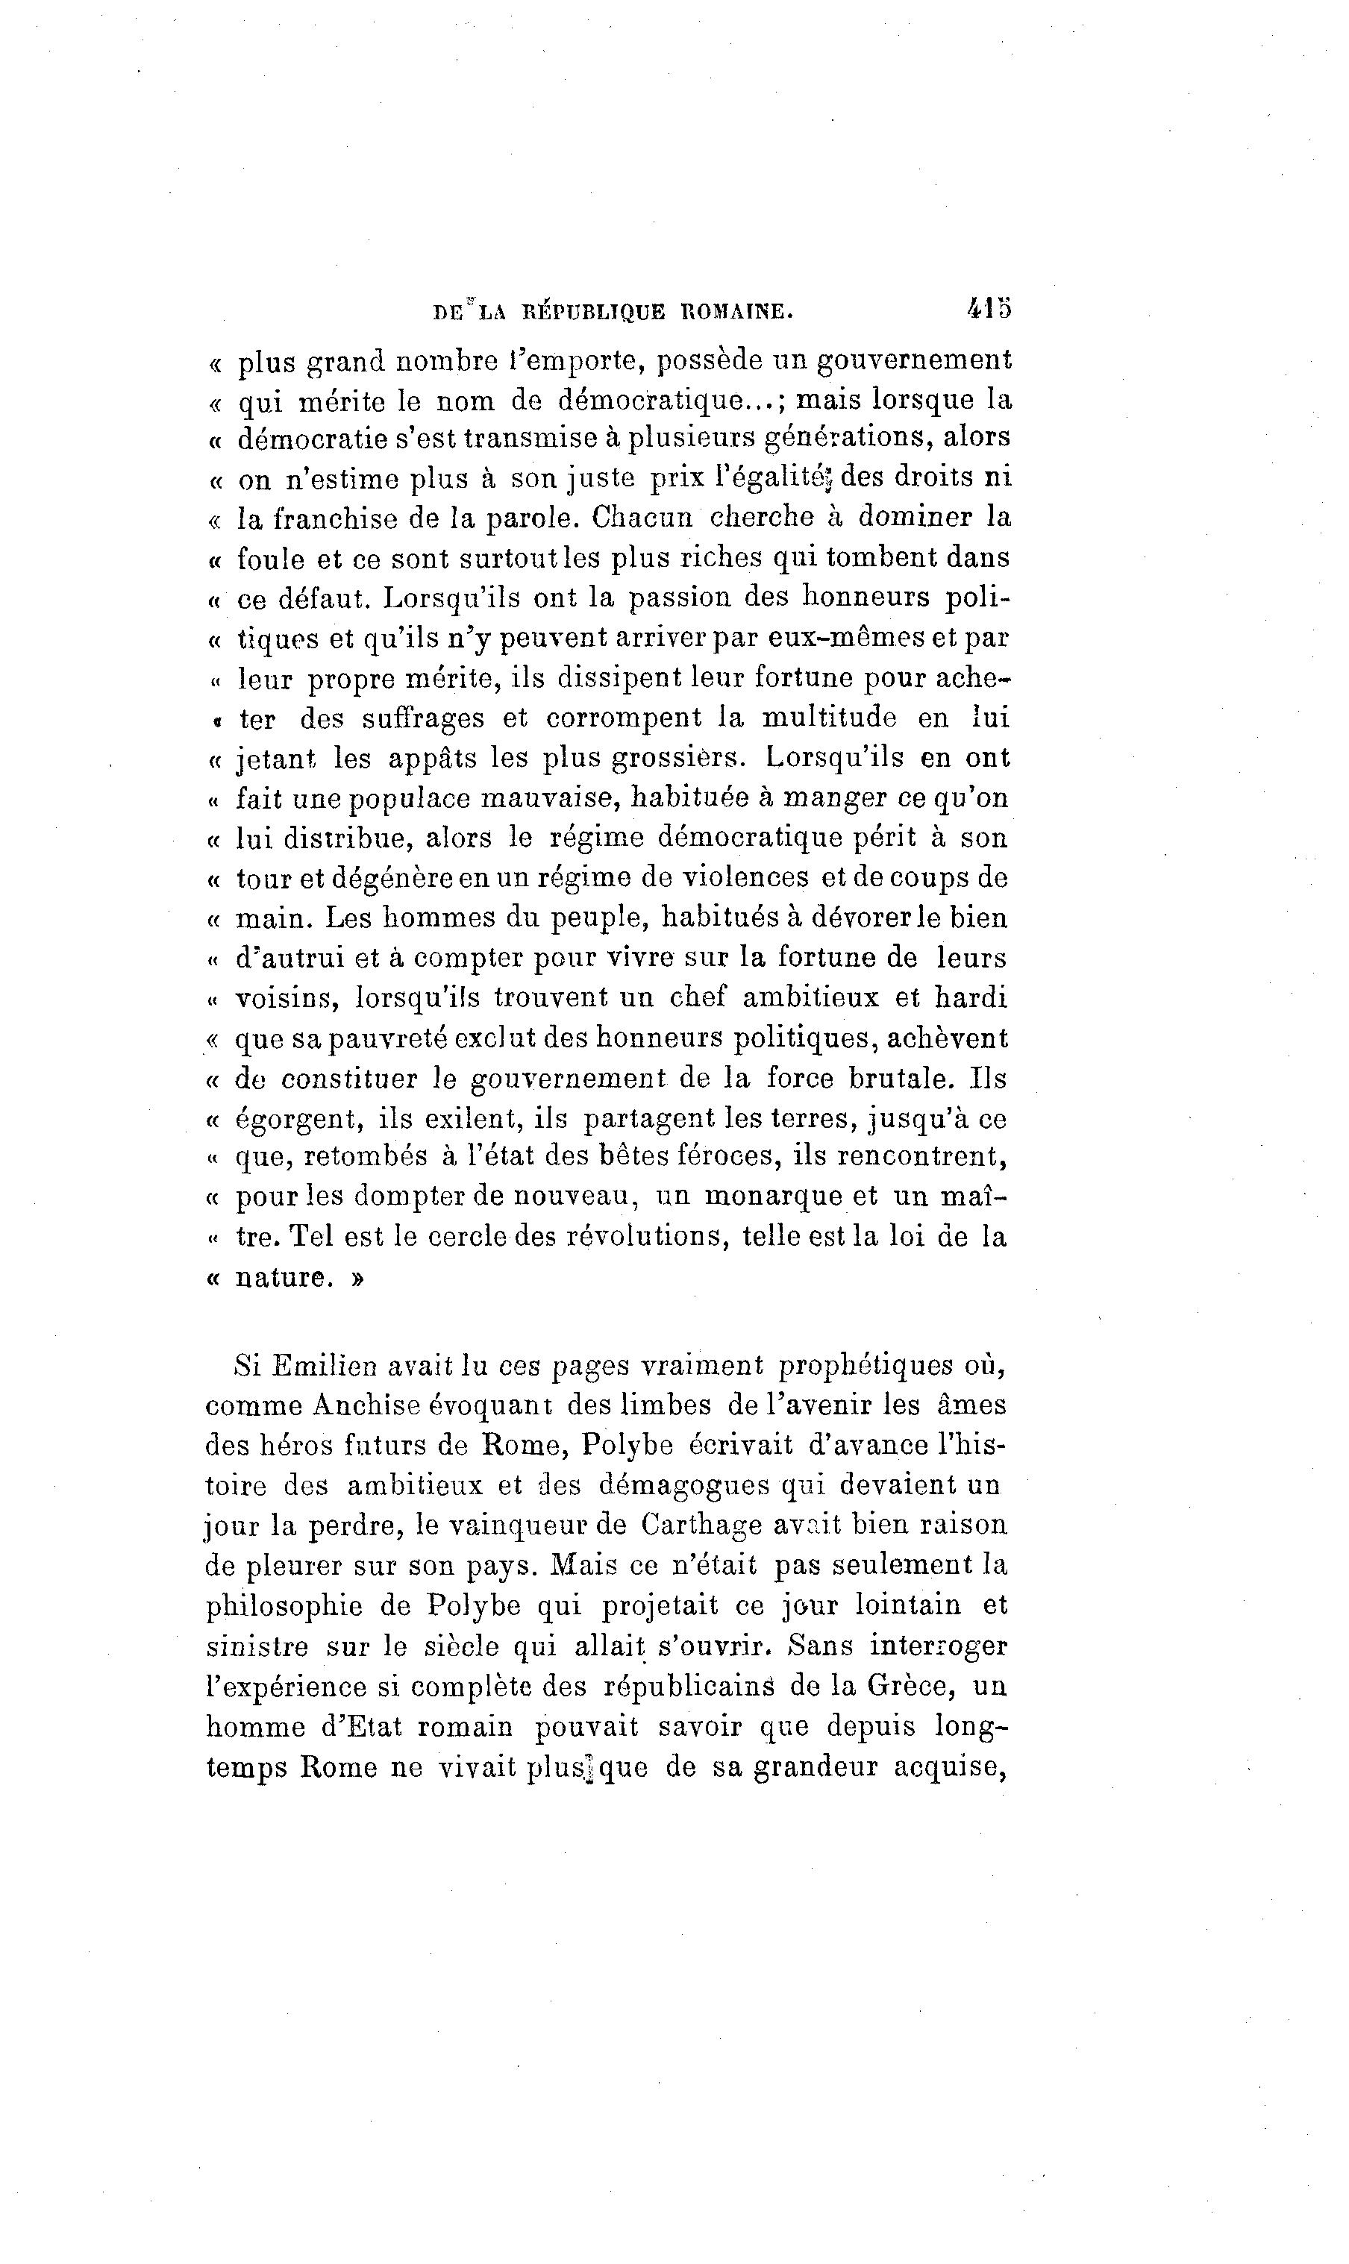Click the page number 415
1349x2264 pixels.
(989, 309)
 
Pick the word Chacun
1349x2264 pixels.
(642, 517)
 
